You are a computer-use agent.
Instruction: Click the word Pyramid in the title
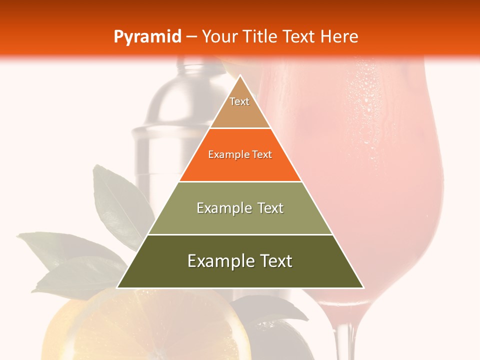147,37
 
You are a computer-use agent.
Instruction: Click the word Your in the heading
218,36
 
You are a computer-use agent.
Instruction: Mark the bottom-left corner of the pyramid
118,287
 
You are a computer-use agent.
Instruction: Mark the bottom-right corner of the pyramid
363,287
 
